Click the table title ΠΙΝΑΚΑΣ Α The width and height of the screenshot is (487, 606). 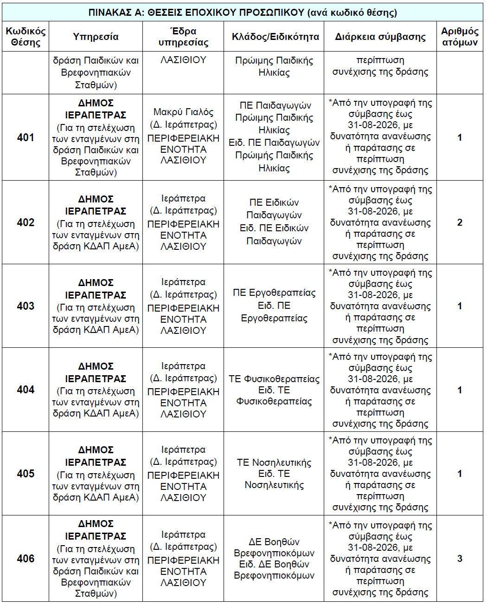243,13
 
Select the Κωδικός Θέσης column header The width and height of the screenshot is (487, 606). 26,37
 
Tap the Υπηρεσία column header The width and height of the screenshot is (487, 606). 96,37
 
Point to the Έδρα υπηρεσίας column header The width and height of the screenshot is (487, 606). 183,37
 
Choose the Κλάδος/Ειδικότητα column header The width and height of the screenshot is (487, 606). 275,37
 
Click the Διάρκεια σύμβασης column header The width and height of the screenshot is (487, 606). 380,37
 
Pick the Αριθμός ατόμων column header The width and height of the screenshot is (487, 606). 459,37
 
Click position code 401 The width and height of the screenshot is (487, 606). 26,137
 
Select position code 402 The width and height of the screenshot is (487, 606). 26,222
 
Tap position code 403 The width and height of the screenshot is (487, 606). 26,306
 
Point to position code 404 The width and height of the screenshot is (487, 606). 26,390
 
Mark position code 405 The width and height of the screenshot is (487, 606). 26,474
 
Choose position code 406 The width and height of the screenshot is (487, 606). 26,559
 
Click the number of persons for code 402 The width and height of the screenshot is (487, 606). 460,222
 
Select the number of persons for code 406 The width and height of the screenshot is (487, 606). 460,559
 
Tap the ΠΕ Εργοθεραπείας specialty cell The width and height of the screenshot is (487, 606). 274,306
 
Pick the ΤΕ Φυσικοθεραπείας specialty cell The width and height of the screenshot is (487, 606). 274,390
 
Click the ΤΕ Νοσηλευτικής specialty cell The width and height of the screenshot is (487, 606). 274,474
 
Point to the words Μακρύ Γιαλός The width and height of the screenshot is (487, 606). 183,112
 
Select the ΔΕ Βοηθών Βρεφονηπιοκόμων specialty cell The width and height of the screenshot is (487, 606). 274,559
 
